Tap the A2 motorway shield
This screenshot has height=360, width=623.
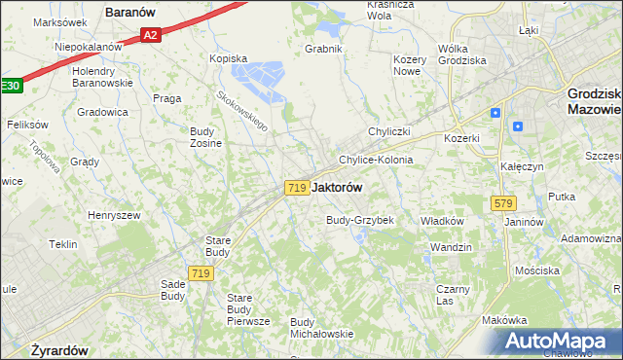click(x=149, y=35)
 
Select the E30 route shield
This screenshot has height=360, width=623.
click(x=10, y=87)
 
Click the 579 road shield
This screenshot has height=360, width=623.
click(x=503, y=203)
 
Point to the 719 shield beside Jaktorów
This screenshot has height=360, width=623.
click(x=298, y=187)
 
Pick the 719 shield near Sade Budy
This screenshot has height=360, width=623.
click(x=202, y=274)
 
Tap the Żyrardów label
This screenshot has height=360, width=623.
click(x=60, y=349)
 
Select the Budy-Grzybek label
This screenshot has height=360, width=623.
click(x=359, y=220)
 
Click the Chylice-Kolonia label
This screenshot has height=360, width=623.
click(x=375, y=160)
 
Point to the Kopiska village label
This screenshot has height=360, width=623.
click(x=229, y=58)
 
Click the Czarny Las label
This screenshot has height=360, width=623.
click(x=453, y=295)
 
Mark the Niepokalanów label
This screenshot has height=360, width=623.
click(x=88, y=46)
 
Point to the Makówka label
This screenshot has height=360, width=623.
click(x=504, y=320)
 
